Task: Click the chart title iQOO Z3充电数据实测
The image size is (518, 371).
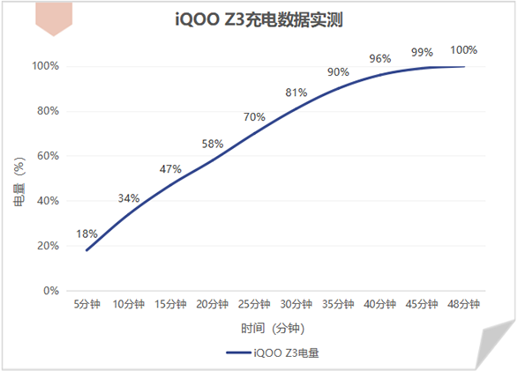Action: point(259,19)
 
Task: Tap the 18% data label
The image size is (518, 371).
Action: point(86,234)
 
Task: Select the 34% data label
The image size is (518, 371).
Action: point(129,198)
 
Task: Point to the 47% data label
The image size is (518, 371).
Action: point(170,169)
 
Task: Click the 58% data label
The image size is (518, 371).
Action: point(213,144)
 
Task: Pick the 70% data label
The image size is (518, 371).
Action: point(254,116)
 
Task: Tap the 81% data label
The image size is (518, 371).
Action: point(297,93)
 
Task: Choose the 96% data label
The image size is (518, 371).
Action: point(380,59)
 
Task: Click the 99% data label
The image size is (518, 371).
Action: point(422,52)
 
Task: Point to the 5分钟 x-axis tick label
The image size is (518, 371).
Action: point(86,304)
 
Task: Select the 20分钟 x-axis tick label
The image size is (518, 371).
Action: point(213,304)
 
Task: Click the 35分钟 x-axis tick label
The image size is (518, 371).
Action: point(338,304)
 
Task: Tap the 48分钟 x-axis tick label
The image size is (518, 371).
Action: point(463,304)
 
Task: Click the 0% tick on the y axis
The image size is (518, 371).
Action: point(51,291)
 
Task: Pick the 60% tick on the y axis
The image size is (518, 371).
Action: point(49,156)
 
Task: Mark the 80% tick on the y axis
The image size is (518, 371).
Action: point(49,111)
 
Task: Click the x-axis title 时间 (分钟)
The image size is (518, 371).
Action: point(273,328)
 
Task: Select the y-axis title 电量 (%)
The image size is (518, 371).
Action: point(19,182)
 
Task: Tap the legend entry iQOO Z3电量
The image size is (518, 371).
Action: point(273,352)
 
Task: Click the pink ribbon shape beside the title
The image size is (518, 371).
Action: point(54,19)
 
